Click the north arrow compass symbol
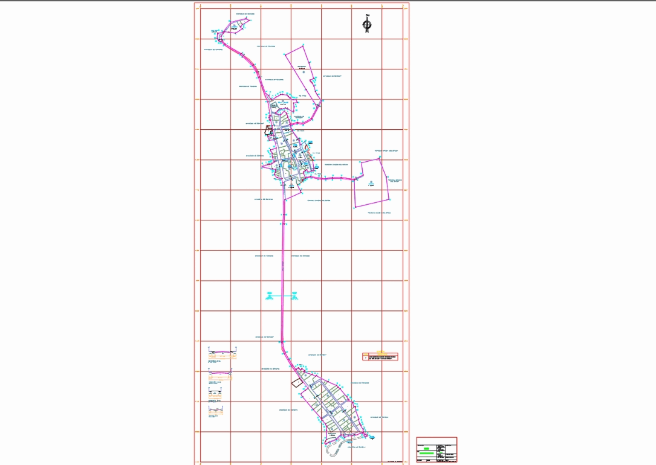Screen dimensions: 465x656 [366, 24]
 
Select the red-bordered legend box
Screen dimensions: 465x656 [380, 357]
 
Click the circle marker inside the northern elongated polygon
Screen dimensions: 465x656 [304, 72]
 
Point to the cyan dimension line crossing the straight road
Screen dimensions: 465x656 [282, 296]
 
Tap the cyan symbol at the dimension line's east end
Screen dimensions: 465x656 [294, 296]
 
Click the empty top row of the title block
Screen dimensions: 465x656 [437, 441]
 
